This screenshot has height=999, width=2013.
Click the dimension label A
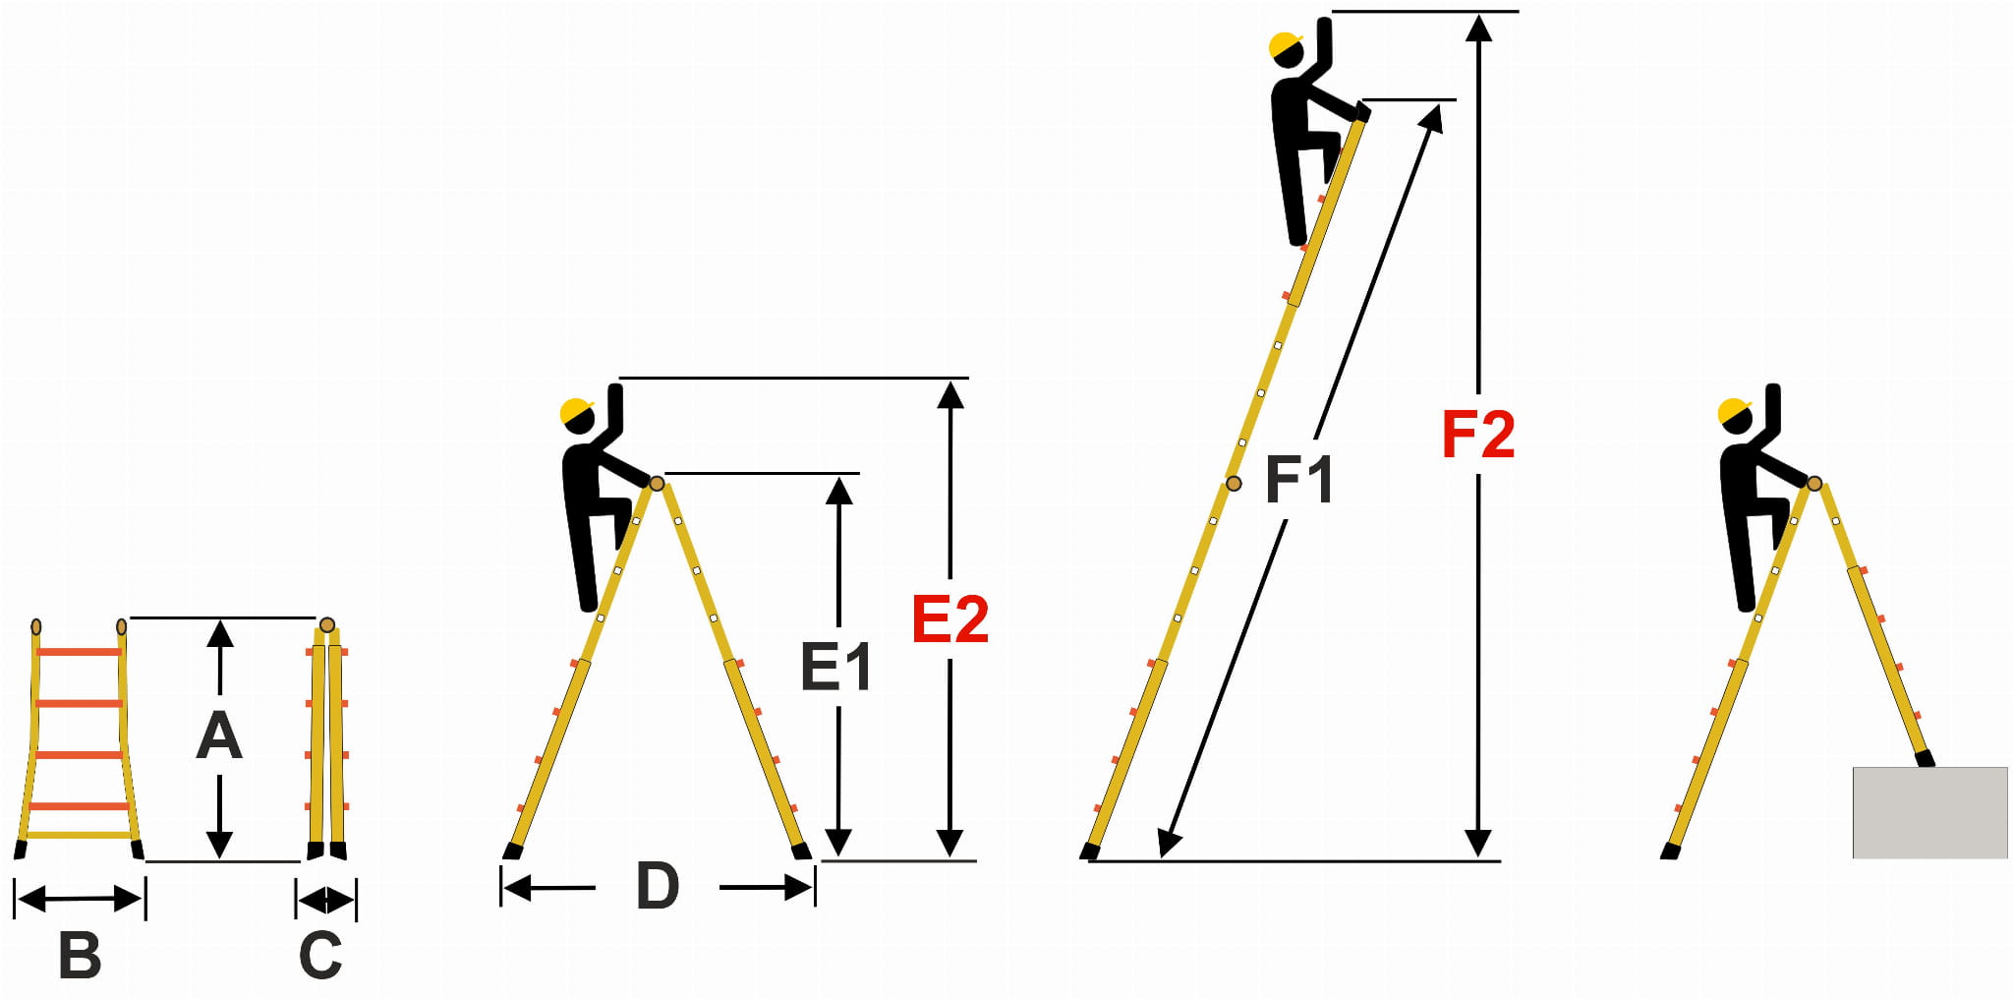pos(219,735)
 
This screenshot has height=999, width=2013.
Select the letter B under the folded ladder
pos(80,955)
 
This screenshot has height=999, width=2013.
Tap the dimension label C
pos(320,955)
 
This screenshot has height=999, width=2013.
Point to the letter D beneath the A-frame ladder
pos(658,885)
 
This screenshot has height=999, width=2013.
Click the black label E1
pos(836,667)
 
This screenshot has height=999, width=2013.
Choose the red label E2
pos(949,618)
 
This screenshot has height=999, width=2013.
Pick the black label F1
pos(1298,480)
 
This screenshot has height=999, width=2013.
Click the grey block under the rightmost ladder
pos(1929,812)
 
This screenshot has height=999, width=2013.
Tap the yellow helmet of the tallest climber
pos(1285,45)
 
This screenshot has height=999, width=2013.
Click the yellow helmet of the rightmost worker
pos(1735,411)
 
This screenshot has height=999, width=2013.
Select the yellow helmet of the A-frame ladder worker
pos(577,411)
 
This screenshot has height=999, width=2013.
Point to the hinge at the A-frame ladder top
pos(657,483)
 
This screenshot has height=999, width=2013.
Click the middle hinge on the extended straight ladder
pos(1234,484)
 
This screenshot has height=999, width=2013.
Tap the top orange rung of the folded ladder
pos(79,652)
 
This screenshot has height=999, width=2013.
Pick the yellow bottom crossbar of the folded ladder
pos(80,836)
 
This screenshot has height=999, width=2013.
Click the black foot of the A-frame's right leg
pos(802,851)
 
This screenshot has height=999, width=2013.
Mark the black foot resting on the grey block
pos(1925,758)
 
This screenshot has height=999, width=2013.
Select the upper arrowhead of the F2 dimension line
pos(1478,28)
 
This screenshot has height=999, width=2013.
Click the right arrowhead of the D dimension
pos(799,888)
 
